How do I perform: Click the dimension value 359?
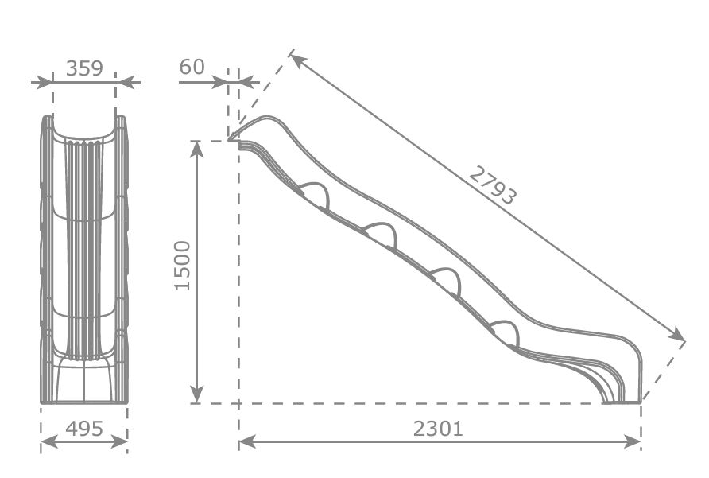click(x=84, y=68)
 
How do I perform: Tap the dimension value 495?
click(x=83, y=429)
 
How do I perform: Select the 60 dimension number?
click(x=192, y=67)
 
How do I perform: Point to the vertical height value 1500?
click(x=182, y=265)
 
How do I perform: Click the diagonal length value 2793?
click(x=492, y=185)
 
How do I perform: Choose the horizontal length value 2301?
click(x=438, y=429)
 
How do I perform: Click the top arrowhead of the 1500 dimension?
click(x=198, y=148)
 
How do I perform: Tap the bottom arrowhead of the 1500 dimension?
click(x=198, y=396)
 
